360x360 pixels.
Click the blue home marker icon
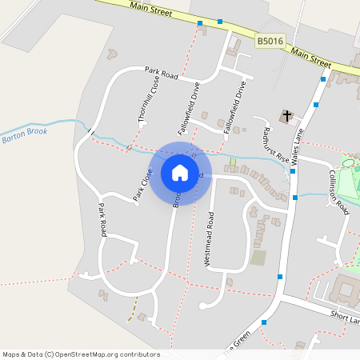click(180, 172)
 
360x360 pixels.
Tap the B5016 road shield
click(270, 41)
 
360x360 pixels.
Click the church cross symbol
click(286, 116)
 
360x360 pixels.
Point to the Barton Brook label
click(25, 135)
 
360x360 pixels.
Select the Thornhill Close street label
click(143, 104)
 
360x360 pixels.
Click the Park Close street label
click(142, 184)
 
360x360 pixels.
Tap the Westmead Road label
click(209, 238)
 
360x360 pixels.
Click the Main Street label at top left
click(151, 8)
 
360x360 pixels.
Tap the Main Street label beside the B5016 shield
click(311, 56)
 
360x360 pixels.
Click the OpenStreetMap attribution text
click(81, 354)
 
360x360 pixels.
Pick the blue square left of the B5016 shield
click(220, 22)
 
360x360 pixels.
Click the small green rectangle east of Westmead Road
click(258, 258)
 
